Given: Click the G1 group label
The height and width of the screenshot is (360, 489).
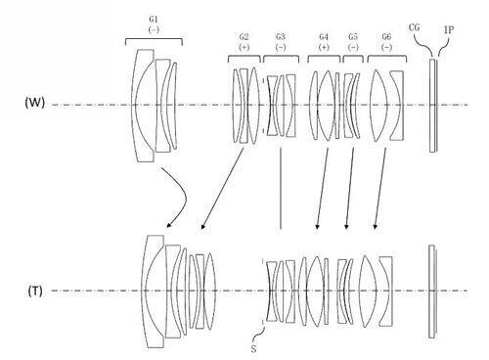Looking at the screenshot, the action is (154, 20).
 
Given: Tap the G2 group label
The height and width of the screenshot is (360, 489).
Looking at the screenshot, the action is (244, 36).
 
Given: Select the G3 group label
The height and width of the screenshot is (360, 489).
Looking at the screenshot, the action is (281, 36).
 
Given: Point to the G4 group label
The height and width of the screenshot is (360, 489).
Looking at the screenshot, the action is (324, 36).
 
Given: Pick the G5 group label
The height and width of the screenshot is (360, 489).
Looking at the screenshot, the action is (353, 36).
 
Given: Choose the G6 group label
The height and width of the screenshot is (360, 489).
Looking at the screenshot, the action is (386, 36).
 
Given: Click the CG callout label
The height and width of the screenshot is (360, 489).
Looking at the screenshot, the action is (414, 27).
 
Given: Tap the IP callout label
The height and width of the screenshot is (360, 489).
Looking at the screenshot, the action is (449, 30).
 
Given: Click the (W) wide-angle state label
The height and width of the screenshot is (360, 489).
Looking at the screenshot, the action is (34, 103).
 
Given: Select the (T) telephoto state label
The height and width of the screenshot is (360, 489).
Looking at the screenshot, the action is (35, 291).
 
